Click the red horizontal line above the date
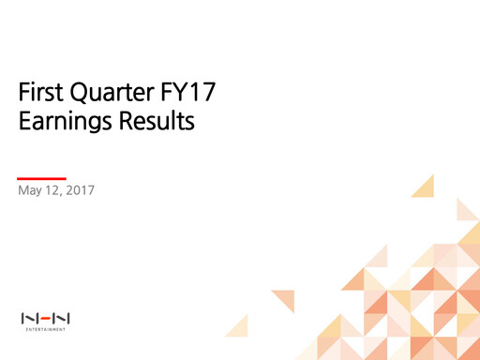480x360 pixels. click(42, 177)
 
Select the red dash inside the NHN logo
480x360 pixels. click(46, 318)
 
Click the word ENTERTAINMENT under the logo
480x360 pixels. click(46, 329)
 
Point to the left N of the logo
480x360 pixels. click(29, 318)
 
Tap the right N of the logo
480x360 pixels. click(63, 318)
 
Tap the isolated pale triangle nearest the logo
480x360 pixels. click(238, 326)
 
